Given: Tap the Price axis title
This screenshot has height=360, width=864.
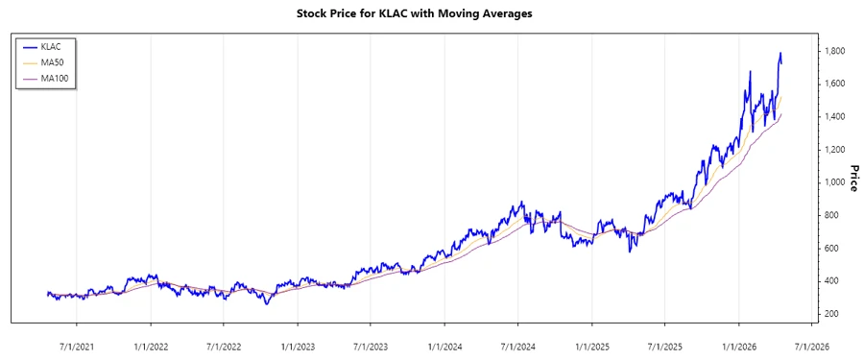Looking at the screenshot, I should pyautogui.click(x=851, y=178).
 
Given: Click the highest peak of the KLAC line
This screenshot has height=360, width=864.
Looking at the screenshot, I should pyautogui.click(x=780, y=53).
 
